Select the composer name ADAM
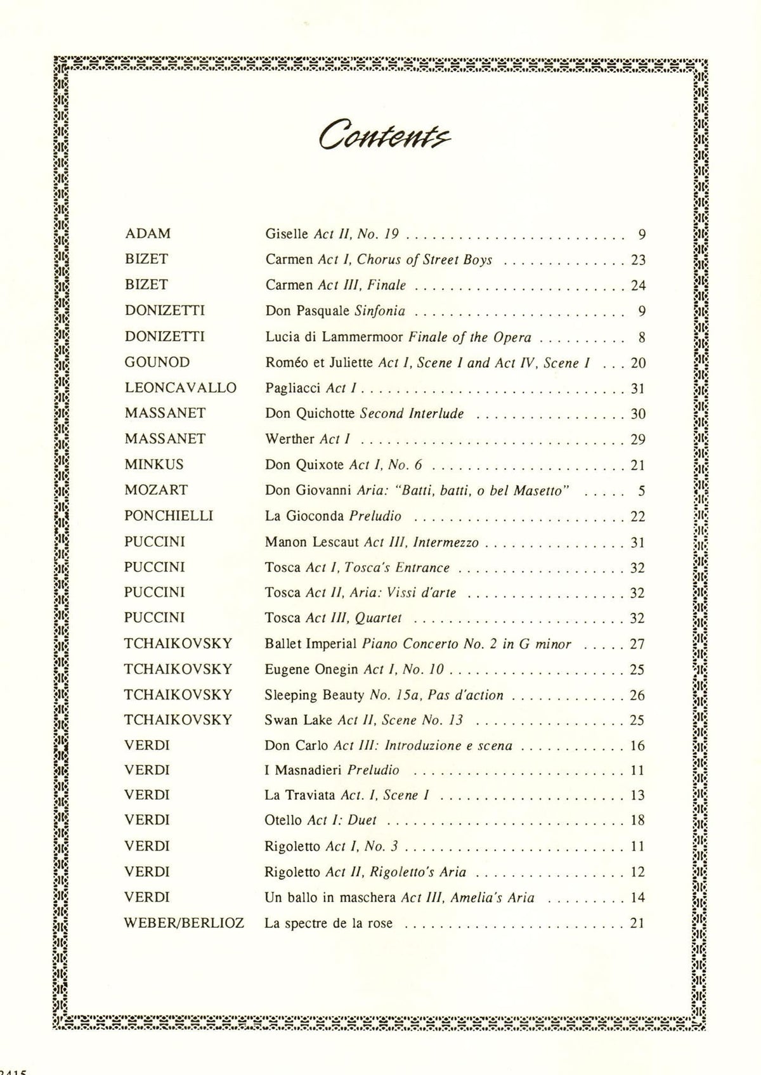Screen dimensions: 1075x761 point(148,233)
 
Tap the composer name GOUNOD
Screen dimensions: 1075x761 point(157,362)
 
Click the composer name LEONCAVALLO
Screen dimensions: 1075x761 point(180,388)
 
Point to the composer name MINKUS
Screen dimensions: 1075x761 point(154,464)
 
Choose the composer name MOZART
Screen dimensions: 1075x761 point(156,490)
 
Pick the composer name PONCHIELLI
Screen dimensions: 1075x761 point(169,516)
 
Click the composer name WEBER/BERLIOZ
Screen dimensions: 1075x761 point(184,923)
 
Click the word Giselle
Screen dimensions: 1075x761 point(287,234)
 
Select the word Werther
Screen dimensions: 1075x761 point(290,439)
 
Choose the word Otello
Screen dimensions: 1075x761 point(283,820)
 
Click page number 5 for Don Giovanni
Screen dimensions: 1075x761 point(642,491)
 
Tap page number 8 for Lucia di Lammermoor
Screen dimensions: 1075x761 point(642,337)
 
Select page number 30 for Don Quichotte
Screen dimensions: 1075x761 point(638,414)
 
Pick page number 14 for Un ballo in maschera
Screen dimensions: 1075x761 point(638,897)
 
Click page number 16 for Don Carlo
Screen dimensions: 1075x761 point(638,746)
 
